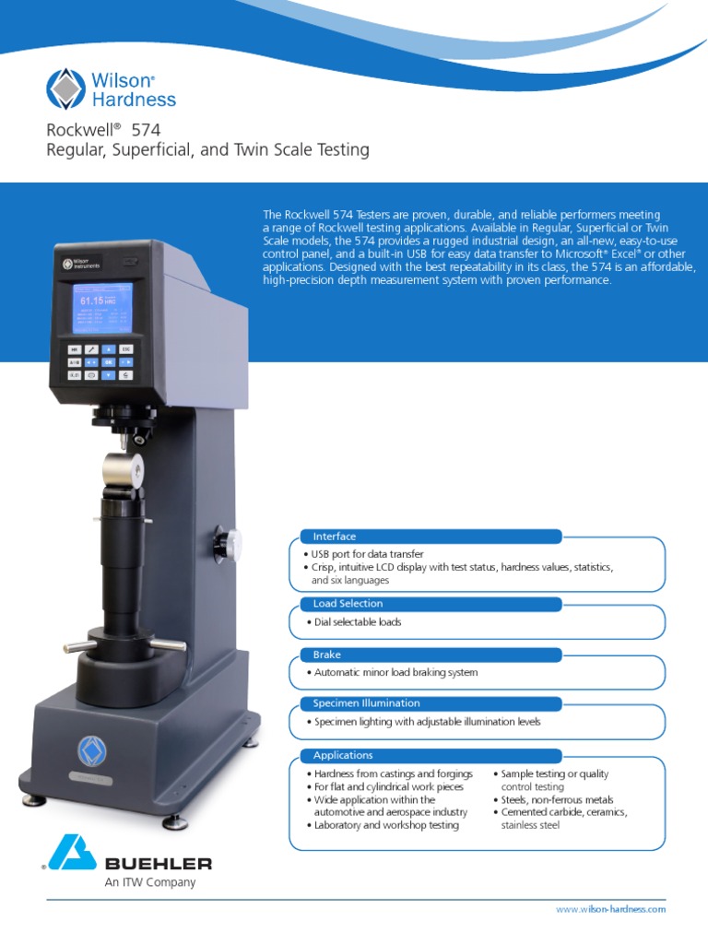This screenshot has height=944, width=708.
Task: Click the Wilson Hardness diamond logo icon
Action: pos(65,89)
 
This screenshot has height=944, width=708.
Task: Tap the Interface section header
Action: pos(335,537)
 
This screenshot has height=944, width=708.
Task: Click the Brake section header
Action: pos(327,655)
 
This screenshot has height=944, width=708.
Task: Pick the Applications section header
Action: pos(343,755)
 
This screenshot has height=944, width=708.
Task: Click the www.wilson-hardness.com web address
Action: pos(610,909)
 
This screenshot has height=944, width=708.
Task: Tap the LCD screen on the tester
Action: pos(102,309)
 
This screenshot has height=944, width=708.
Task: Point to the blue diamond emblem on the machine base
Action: pos(91,751)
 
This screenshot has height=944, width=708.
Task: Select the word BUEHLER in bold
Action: pos(158,864)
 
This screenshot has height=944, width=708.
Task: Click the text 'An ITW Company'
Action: pos(150,882)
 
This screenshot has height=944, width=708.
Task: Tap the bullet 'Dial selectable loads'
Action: pos(358,622)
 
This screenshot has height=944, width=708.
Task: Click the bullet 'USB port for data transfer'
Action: pos(369,554)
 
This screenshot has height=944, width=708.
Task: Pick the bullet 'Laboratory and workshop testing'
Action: pos(386,825)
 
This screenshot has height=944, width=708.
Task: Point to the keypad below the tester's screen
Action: pos(99,362)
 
